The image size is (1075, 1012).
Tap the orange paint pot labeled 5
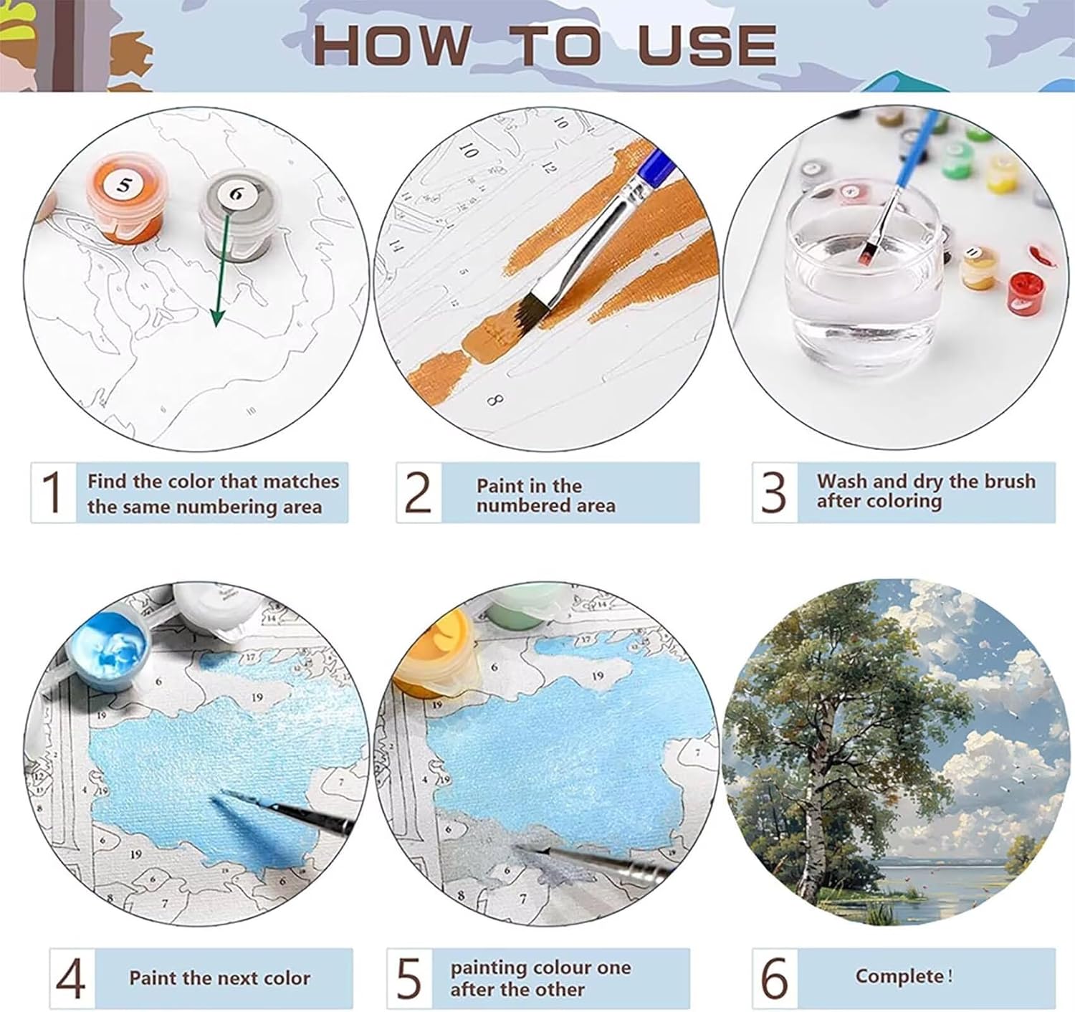(125, 196)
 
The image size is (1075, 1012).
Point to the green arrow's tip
(217, 326)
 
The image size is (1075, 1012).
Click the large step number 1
(52, 492)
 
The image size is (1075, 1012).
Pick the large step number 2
(418, 492)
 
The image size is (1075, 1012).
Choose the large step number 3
(773, 492)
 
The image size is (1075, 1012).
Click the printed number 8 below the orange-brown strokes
(494, 400)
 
